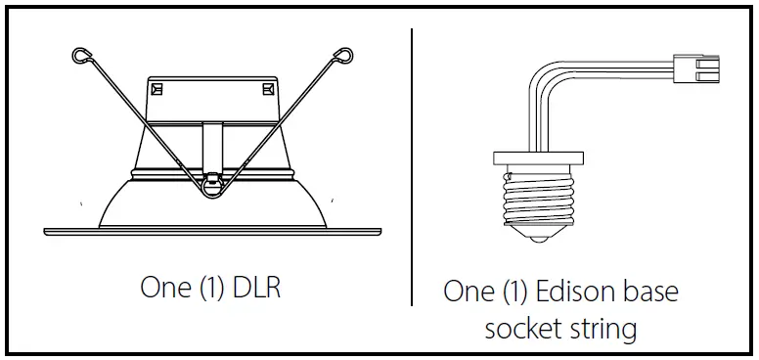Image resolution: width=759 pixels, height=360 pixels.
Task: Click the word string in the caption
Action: click(x=603, y=329)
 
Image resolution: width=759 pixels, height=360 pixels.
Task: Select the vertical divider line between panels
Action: click(x=412, y=166)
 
